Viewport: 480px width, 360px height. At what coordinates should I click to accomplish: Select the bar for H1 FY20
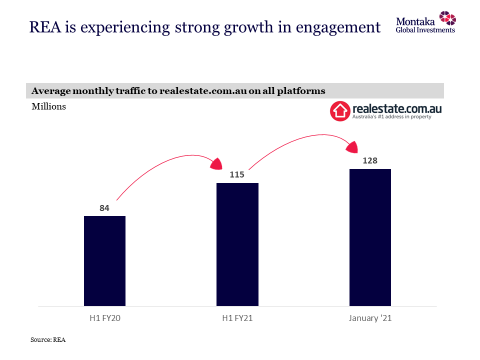pos(104,260)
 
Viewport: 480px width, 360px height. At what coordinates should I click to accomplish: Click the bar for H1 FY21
pos(237,244)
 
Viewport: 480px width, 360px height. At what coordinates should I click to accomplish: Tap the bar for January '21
pos(370,237)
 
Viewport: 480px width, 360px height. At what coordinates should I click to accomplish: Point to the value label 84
pos(104,208)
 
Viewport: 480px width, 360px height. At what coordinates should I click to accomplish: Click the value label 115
pos(237,175)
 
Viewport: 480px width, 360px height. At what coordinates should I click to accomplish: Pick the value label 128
pos(370,161)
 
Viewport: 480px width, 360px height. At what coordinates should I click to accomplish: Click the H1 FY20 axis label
pos(104,318)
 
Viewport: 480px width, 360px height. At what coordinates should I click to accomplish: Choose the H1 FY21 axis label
pos(237,318)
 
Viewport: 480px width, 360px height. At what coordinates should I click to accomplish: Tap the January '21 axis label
pos(370,318)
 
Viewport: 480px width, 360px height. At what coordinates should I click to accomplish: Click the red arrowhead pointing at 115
pos(217,163)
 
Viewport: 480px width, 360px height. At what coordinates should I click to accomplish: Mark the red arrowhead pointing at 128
pos(352,146)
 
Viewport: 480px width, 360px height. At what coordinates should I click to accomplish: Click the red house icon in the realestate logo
pos(339,111)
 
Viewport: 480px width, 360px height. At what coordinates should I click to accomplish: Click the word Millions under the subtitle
pos(48,106)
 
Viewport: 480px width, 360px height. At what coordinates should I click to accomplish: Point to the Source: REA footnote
pos(48,340)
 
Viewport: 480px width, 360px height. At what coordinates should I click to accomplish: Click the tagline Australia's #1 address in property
pos(392,117)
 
